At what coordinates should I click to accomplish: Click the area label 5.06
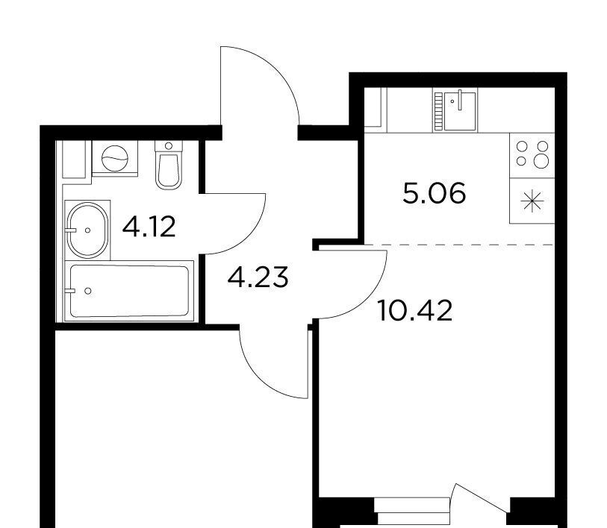click(434, 193)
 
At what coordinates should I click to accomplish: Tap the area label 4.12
click(149, 227)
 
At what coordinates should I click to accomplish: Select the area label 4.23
click(258, 277)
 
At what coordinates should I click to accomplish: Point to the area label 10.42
click(414, 311)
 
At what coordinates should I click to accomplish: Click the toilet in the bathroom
click(169, 165)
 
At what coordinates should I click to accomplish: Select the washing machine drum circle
click(114, 158)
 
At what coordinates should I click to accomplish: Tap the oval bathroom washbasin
click(87, 230)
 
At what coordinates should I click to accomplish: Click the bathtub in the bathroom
click(129, 291)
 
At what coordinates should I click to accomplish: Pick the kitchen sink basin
click(459, 111)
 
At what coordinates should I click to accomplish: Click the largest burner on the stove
click(541, 160)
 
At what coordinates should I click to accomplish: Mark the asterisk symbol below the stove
click(532, 201)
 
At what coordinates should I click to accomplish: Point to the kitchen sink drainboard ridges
click(438, 111)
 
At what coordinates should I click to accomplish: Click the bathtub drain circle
click(88, 291)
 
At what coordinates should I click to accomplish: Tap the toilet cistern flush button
click(169, 146)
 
